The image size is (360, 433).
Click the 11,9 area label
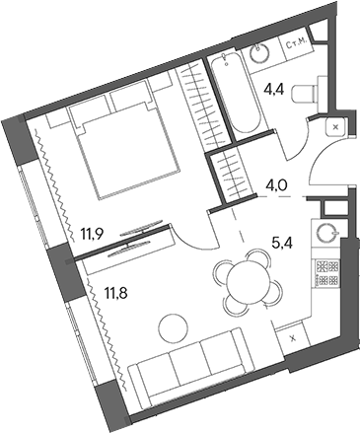coord(93,234)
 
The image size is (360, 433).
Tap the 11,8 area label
coord(116,291)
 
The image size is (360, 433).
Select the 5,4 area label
coord(282,243)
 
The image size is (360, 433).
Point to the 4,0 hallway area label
coord(276,186)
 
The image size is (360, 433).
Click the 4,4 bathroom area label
coord(275,90)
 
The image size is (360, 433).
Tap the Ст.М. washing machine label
coord(297,45)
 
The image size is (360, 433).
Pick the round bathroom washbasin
coord(260,53)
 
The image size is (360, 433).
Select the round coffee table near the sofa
coord(174,328)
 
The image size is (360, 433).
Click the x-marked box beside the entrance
coord(335,127)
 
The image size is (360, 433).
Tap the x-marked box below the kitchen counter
coord(292,337)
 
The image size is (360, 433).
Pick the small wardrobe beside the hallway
coord(233,174)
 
